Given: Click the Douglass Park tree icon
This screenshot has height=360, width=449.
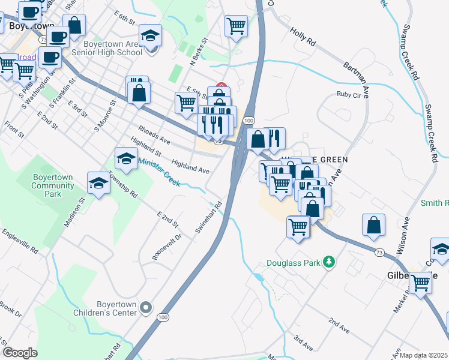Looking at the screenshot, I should pyautogui.click(x=328, y=262).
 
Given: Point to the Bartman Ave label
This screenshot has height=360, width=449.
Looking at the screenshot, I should pyautogui.click(x=356, y=71).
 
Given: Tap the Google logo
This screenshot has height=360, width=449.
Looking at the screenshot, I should pyautogui.click(x=20, y=353).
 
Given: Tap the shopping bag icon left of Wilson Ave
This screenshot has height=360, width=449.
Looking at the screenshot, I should pyautogui.click(x=373, y=224).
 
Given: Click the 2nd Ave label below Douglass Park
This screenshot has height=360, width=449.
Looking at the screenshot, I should pyautogui.click(x=339, y=326).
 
